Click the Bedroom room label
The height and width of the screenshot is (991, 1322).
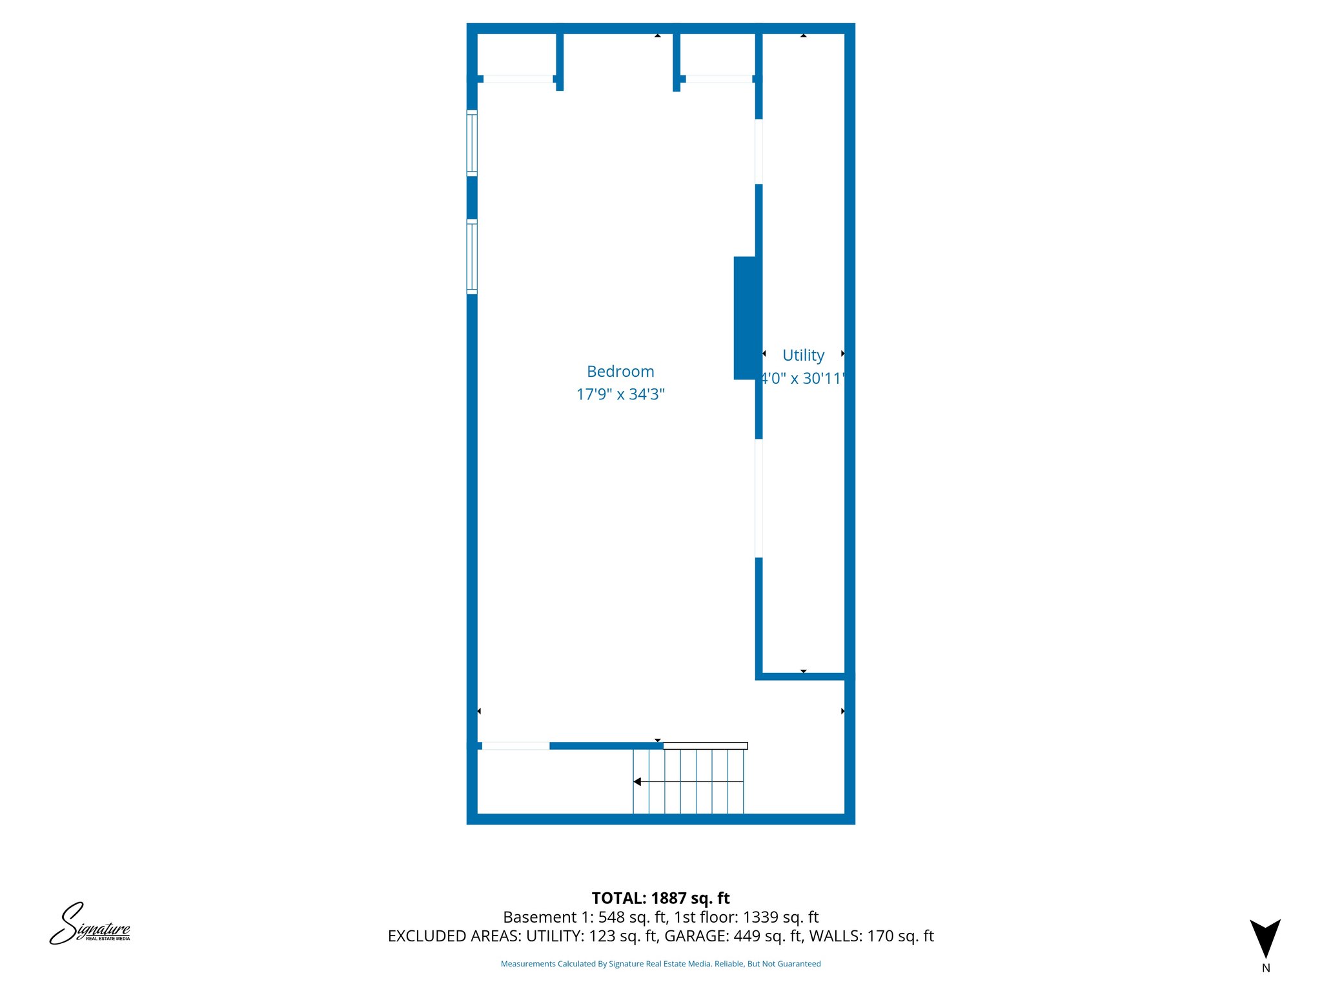tap(620, 372)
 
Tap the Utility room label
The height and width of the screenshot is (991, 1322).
tap(803, 355)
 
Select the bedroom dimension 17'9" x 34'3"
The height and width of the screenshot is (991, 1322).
tap(620, 394)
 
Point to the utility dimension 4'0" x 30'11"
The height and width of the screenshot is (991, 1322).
tap(802, 379)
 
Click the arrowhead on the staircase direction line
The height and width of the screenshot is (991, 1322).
tap(637, 782)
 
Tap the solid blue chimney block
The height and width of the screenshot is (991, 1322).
tap(745, 318)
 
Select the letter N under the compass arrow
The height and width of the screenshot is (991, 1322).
tap(1266, 968)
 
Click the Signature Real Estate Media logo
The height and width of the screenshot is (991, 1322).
tap(90, 925)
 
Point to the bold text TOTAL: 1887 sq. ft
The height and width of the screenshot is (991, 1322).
tap(660, 898)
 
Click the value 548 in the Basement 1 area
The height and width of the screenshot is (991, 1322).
tap(611, 917)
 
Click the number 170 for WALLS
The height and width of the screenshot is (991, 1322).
tap(880, 936)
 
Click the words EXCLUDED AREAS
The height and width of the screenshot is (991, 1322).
tap(453, 936)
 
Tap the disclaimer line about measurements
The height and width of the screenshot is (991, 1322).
tap(660, 964)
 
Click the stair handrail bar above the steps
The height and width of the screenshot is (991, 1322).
tap(705, 746)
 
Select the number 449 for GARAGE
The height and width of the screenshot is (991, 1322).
tap(747, 936)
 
